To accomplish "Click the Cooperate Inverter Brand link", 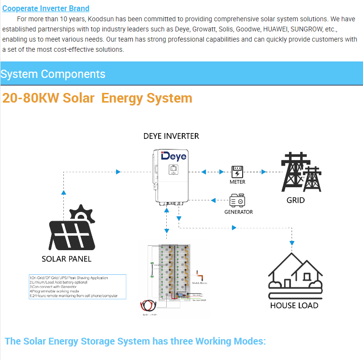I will pos(46,8).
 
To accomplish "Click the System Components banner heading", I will pos(53,74).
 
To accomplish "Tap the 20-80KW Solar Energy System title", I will pos(97,98).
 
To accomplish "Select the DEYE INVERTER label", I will pos(171,136).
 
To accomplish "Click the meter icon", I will pos(237,172).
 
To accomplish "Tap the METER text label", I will pos(237,182).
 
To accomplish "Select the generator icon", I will pos(237,200).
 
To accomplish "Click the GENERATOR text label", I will pos(238,212).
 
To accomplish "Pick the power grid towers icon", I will pos(300,173).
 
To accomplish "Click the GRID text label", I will pos(296,200).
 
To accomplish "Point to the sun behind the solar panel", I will pos(81,213).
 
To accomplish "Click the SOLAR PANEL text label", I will pos(67,259).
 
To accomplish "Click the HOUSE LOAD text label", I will pos(294,305).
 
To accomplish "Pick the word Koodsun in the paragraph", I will pos(101,19).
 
